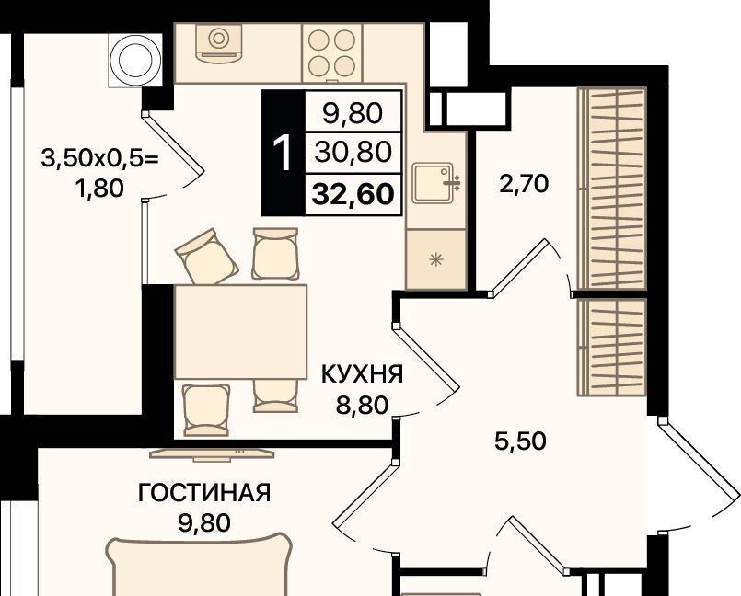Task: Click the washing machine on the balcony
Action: pos(134,61)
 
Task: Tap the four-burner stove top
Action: pos(331,53)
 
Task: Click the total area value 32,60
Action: pos(353,194)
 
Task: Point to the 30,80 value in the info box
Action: pos(353,152)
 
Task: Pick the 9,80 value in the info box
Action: pos(353,114)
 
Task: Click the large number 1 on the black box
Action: pos(284,153)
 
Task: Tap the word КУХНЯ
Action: pos(363,374)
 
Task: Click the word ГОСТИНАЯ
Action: pos(204,493)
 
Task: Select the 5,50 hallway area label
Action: pos(520,441)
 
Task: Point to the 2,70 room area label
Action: pos(524,183)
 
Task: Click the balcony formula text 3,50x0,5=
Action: pos(99,158)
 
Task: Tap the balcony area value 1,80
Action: pos(99,189)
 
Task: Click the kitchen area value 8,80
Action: pos(362,405)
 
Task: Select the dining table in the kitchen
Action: pos(240,331)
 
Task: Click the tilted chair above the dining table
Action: pos(206,257)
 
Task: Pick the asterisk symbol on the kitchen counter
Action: pos(435,258)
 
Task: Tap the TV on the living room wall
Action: pos(212,453)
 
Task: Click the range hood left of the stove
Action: pos(218,42)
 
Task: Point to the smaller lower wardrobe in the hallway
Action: pos(612,347)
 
